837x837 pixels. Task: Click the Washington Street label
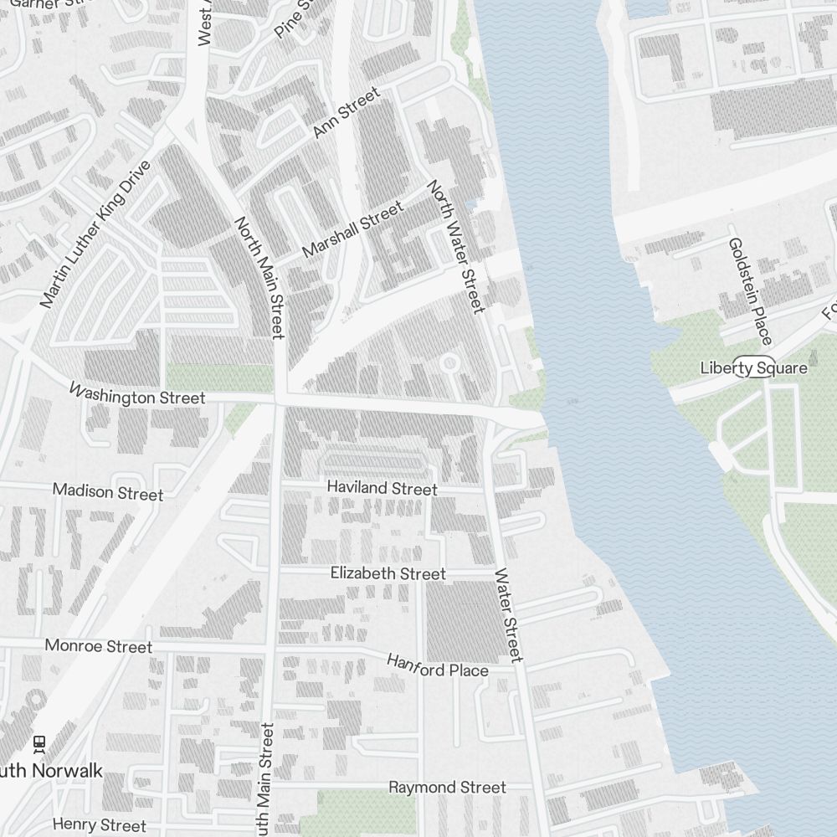(136, 395)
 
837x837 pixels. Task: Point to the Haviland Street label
(382, 487)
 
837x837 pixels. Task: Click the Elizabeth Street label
(388, 573)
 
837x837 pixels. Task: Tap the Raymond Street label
(447, 788)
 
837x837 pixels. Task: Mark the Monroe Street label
(99, 646)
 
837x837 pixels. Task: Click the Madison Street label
(108, 491)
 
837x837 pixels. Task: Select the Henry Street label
(99, 825)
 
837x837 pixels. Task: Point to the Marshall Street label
(352, 229)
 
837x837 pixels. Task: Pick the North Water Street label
(456, 247)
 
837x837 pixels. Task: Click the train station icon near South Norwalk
(39, 742)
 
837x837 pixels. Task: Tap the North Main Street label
(259, 278)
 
